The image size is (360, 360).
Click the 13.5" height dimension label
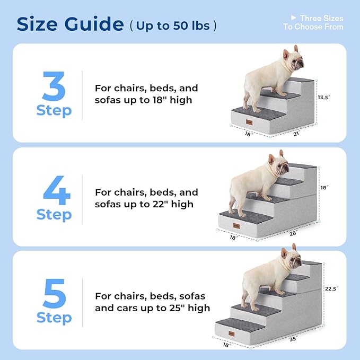(x=324, y=98)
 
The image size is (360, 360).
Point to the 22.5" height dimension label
(x=331, y=289)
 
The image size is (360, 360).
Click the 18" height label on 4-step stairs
(x=324, y=188)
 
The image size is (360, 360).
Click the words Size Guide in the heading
(x=71, y=24)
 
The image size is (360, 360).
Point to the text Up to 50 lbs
(x=173, y=25)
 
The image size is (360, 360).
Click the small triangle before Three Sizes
(x=293, y=18)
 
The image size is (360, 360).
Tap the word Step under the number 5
(x=54, y=318)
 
